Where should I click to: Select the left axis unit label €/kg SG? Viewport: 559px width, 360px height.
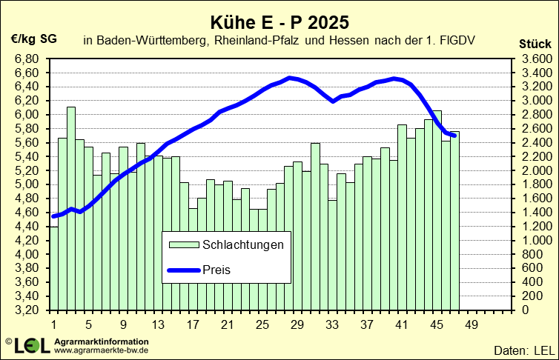tap(33, 39)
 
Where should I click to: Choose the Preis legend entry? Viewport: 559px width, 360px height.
tap(220, 270)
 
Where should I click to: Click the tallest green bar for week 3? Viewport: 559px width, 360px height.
tap(71, 207)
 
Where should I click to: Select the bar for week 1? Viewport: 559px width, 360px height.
tap(53, 267)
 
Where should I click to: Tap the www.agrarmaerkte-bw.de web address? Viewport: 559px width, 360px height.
tap(102, 349)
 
